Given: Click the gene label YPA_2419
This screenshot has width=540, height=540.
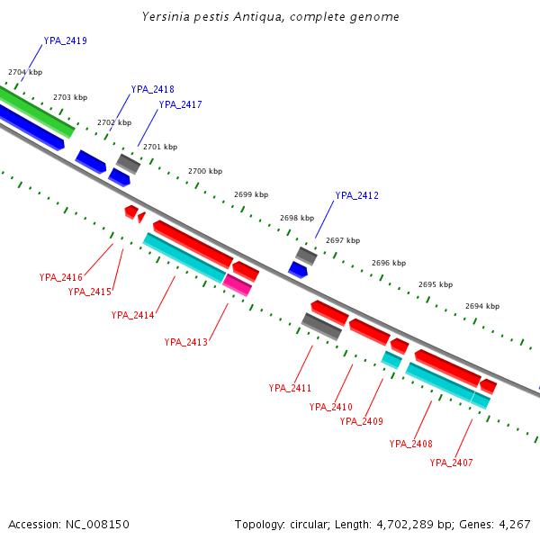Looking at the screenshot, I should tap(65, 41).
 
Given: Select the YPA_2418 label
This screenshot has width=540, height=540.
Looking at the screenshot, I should tap(152, 89).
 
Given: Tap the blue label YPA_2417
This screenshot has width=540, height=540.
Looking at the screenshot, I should tap(180, 104).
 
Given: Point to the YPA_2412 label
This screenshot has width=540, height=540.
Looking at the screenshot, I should tap(356, 195).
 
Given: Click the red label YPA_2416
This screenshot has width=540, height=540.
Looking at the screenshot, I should tap(60, 277).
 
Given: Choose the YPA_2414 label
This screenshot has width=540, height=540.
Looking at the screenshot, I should tap(132, 315).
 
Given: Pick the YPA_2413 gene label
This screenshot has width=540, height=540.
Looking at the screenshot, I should tap(185, 342).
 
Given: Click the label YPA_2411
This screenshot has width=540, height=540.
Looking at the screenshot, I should tap(290, 388).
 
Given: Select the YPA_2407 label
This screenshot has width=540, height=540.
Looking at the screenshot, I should tap(451, 463).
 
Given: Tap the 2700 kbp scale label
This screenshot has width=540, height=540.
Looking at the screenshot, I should tap(204, 171).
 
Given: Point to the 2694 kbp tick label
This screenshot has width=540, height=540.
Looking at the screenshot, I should tap(481, 306).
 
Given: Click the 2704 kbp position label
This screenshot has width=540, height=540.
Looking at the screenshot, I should tap(24, 72).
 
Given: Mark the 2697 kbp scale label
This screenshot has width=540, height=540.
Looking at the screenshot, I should tap(342, 240).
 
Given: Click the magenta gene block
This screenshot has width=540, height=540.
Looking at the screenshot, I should tap(238, 285).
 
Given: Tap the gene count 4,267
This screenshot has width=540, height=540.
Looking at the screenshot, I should tap(513, 524).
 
